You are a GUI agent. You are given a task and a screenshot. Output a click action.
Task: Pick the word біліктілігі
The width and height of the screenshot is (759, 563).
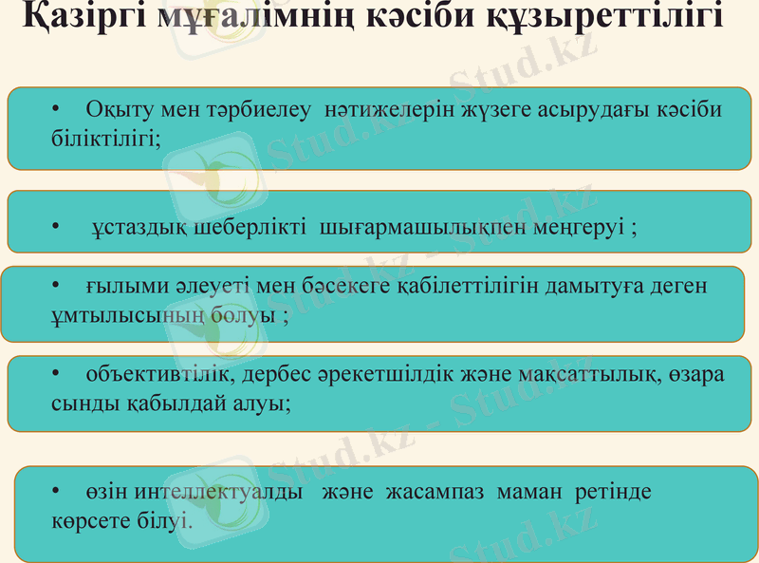pyautogui.click(x=104, y=137)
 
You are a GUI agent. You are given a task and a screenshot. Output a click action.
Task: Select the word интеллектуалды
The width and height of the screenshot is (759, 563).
pyautogui.click(x=218, y=494)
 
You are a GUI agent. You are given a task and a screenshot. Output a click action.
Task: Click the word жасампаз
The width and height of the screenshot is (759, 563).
pyautogui.click(x=428, y=494)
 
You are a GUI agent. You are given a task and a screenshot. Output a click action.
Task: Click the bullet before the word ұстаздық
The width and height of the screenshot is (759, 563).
pyautogui.click(x=56, y=229)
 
